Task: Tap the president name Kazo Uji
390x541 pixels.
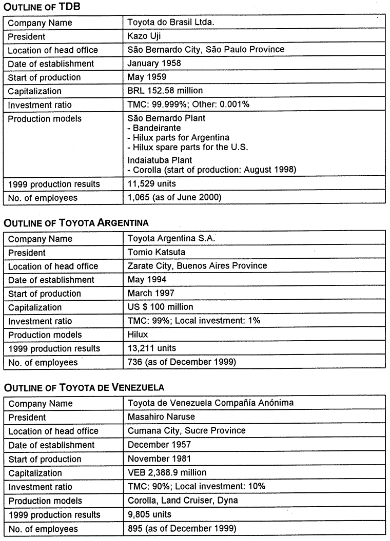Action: (x=145, y=36)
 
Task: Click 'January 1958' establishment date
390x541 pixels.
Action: (x=154, y=64)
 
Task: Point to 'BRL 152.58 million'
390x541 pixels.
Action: (x=165, y=91)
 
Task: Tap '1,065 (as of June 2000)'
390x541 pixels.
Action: (x=174, y=197)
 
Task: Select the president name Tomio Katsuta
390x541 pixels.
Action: (x=156, y=253)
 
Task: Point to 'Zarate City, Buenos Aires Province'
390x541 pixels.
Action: (x=197, y=266)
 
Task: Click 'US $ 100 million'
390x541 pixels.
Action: (x=160, y=307)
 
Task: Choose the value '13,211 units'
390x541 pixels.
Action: (x=151, y=348)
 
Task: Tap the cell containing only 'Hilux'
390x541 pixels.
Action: (x=138, y=335)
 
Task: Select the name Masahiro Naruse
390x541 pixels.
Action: (x=162, y=417)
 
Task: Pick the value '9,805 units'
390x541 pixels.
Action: (x=149, y=514)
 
